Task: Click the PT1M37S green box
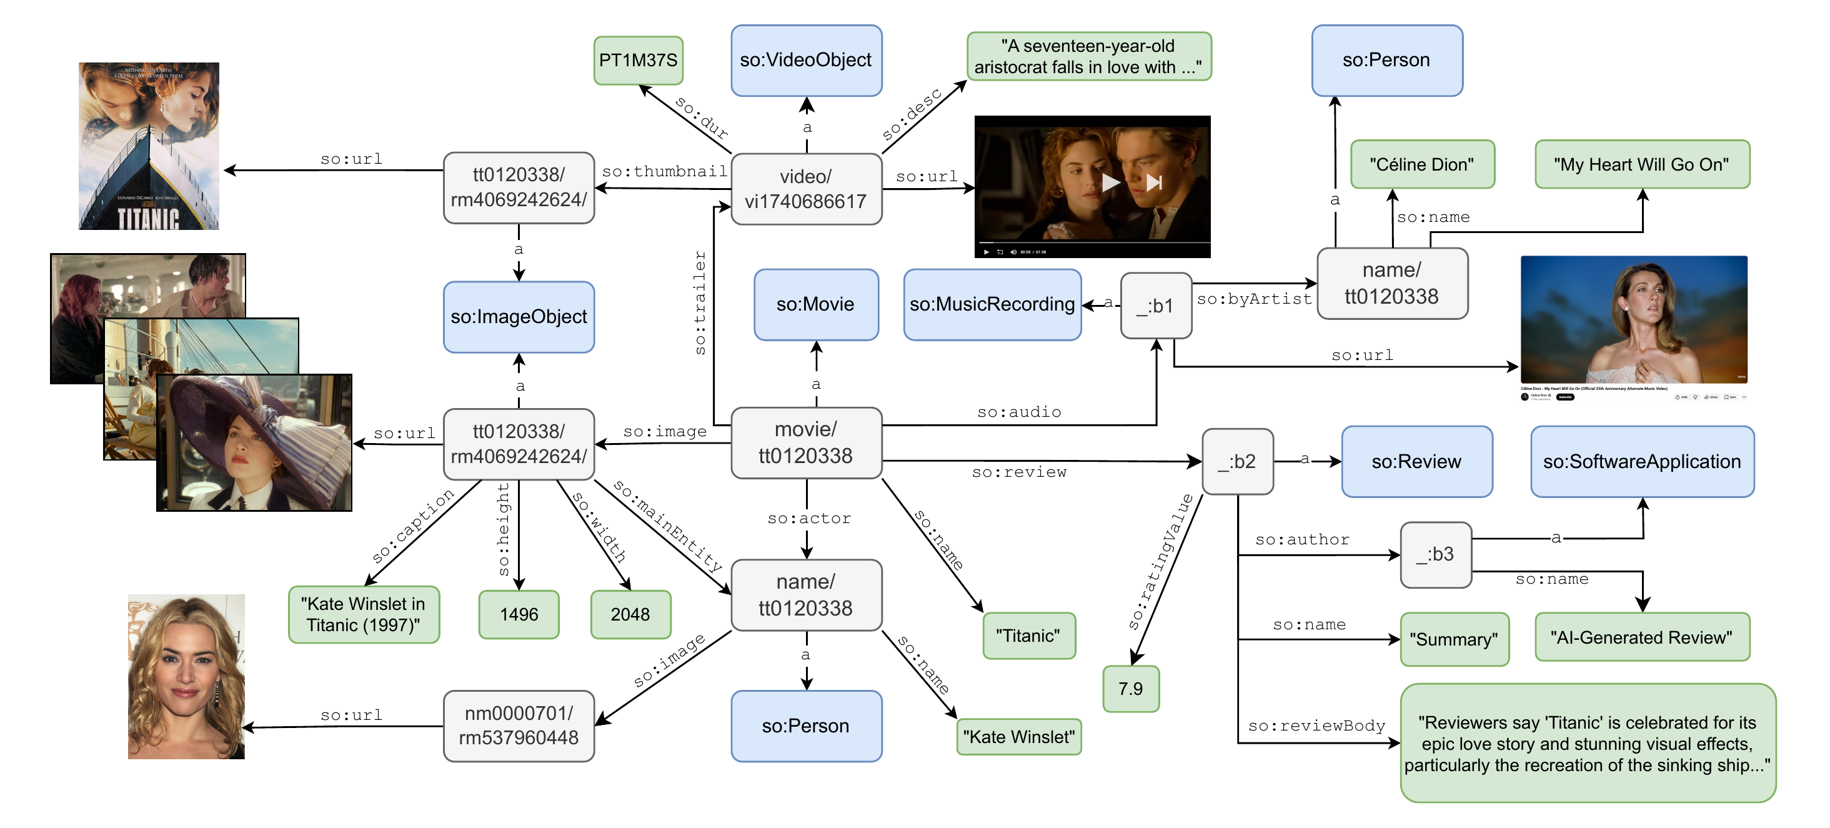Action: click(x=637, y=61)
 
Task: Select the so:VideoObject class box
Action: click(x=805, y=61)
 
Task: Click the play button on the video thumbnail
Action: click(x=1110, y=182)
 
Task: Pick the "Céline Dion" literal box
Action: click(x=1421, y=165)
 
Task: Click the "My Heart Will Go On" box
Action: click(x=1641, y=165)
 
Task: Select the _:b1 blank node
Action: click(x=1155, y=306)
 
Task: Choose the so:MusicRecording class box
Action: click(x=992, y=305)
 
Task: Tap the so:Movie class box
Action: click(x=815, y=305)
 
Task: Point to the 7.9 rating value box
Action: click(x=1130, y=689)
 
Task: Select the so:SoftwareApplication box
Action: click(x=1641, y=462)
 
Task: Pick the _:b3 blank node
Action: click(x=1435, y=554)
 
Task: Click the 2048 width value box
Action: click(x=630, y=615)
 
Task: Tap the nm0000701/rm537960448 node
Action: click(x=519, y=726)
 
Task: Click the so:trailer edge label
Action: click(x=700, y=302)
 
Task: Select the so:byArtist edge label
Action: click(x=1254, y=299)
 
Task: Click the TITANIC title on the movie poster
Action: click(x=149, y=218)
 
